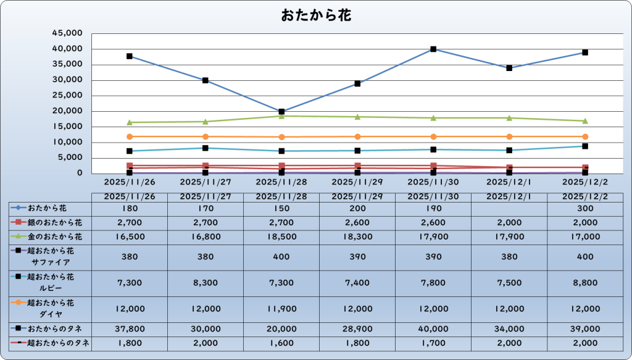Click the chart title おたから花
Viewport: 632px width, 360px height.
click(x=316, y=15)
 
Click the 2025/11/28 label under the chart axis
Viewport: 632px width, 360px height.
click(x=281, y=182)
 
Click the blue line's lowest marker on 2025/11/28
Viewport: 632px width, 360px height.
click(x=281, y=112)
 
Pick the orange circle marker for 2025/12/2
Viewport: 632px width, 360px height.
click(x=585, y=136)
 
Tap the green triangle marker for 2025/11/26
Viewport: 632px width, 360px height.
click(x=130, y=122)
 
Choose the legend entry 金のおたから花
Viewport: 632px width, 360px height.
click(x=54, y=236)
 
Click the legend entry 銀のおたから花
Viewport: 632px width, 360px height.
click(x=54, y=221)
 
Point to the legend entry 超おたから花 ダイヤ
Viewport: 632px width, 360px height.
click(x=54, y=308)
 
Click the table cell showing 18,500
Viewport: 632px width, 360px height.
click(x=281, y=236)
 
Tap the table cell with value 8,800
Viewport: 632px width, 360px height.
click(x=585, y=282)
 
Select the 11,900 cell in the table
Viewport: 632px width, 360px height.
click(x=281, y=308)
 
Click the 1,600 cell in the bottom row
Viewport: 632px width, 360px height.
click(x=281, y=343)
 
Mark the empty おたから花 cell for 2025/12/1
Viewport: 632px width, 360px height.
click(x=509, y=209)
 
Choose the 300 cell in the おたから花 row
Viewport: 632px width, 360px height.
click(x=585, y=209)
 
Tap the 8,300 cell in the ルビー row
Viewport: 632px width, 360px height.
click(x=206, y=282)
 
